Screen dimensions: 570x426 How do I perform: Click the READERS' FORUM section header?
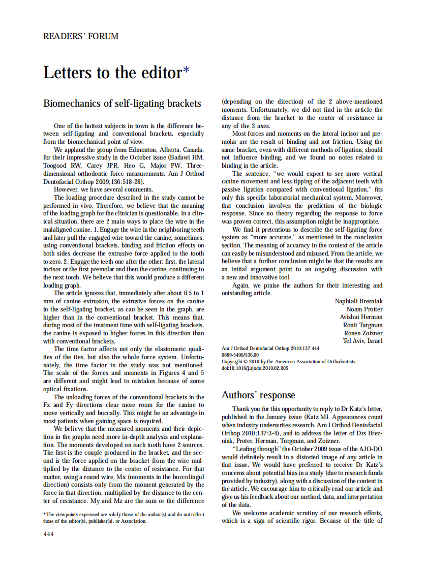coord(81,37)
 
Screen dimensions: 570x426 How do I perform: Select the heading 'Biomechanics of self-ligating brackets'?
coord(122,104)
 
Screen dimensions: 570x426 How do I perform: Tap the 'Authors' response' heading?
coord(258,395)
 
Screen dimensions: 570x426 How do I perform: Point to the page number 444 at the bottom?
coord(48,534)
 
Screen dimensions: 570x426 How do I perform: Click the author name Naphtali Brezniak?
coord(358,301)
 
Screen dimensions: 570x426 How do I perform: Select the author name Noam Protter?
coord(364,309)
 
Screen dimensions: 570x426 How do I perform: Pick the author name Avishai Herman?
coord(361,317)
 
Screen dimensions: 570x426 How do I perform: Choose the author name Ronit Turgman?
coord(363,325)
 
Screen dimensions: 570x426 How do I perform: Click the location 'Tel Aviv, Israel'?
coord(363,341)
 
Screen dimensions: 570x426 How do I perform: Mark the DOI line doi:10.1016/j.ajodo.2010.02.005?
coord(255,368)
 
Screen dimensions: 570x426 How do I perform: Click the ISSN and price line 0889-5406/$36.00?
coord(240,355)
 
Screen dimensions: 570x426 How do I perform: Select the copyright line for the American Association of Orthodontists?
coord(289,362)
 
